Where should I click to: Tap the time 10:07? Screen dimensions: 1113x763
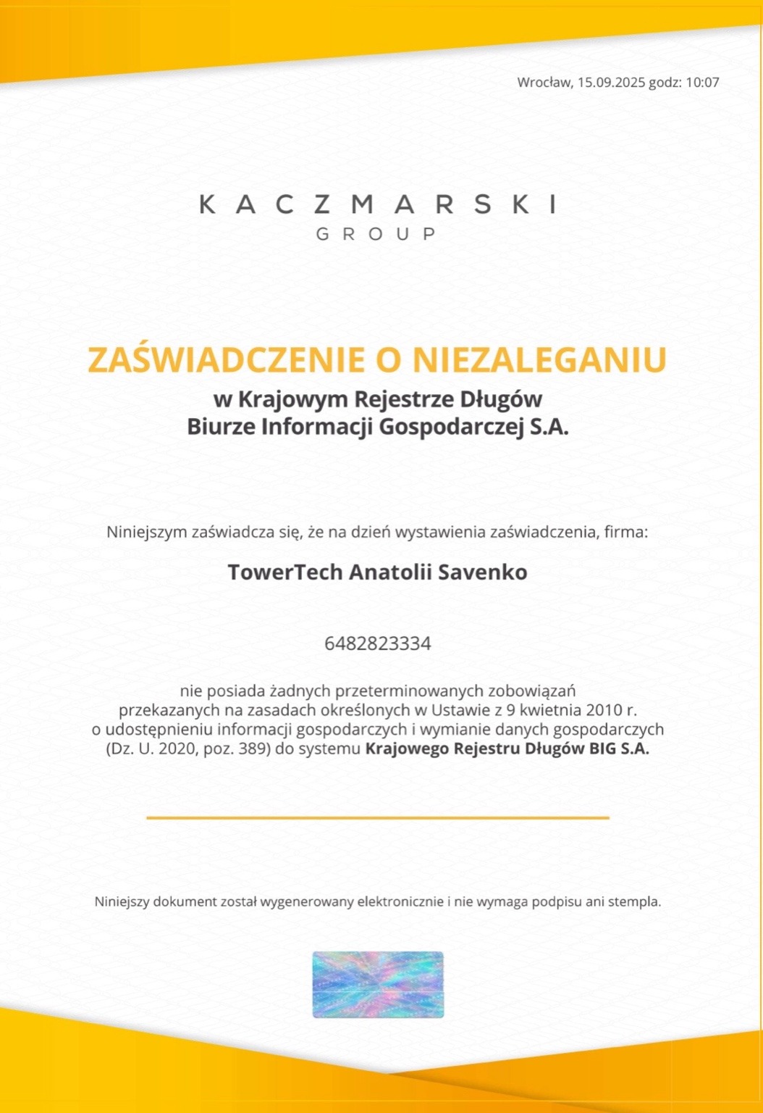coord(702,83)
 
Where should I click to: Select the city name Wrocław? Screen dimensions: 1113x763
coord(544,83)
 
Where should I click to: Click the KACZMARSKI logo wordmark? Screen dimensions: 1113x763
coord(378,204)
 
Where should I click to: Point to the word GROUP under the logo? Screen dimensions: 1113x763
coord(377,234)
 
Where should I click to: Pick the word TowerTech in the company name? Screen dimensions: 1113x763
coord(285,572)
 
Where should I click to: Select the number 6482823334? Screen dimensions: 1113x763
coord(378,643)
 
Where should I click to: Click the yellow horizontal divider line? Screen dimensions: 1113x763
coord(378,817)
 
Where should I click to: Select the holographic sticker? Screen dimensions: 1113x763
coord(378,984)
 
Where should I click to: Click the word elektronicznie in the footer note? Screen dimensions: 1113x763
coord(401,902)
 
